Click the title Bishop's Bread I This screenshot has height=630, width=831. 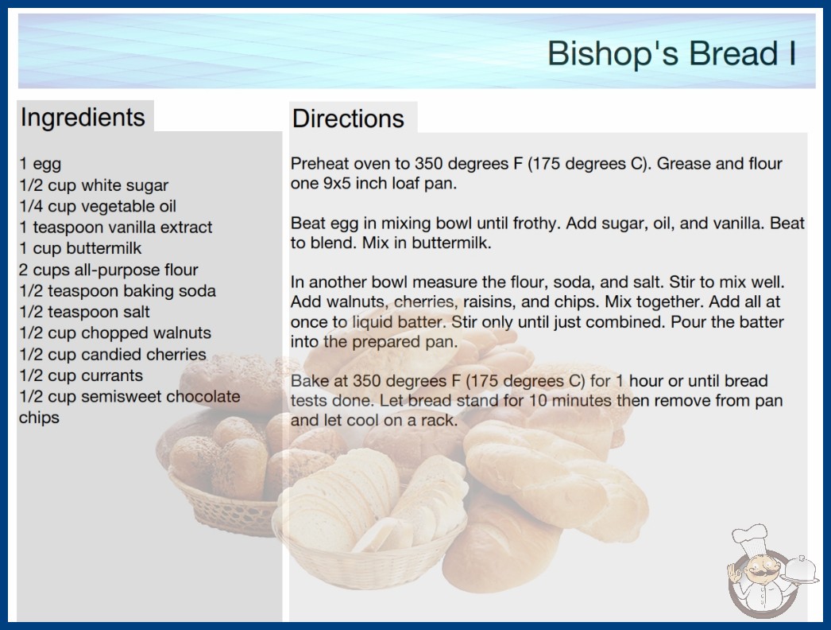[671, 53]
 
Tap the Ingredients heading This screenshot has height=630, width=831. [83, 118]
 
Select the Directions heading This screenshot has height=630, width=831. [348, 119]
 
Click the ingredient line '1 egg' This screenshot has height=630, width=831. [41, 164]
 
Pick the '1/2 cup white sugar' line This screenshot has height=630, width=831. [94, 185]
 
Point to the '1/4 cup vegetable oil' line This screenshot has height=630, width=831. [98, 206]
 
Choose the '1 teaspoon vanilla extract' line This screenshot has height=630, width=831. [115, 227]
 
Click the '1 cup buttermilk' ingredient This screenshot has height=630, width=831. [80, 248]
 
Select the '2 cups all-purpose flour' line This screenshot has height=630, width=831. [109, 270]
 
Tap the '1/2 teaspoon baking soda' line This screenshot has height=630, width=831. [118, 291]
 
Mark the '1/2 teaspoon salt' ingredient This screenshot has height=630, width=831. [85, 312]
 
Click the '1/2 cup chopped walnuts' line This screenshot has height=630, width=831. [115, 332]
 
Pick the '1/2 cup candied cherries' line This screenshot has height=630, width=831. [113, 354]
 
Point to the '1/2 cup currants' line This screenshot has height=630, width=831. [81, 375]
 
